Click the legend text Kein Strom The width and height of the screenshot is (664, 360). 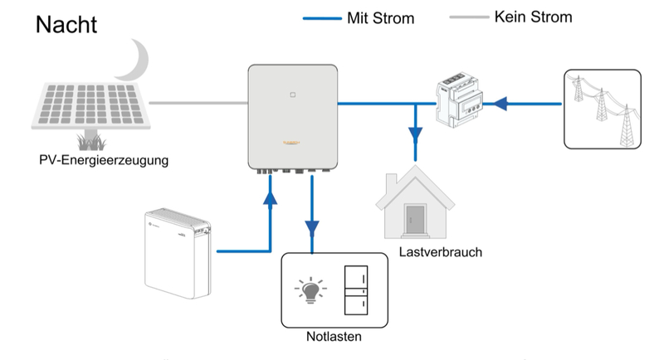coord(532,17)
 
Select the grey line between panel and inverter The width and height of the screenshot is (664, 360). coord(199,103)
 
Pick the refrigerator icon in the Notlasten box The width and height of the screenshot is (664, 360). coord(357,290)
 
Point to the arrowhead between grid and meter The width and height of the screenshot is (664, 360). coord(498,104)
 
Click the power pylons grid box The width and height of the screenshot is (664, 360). coord(602,107)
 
